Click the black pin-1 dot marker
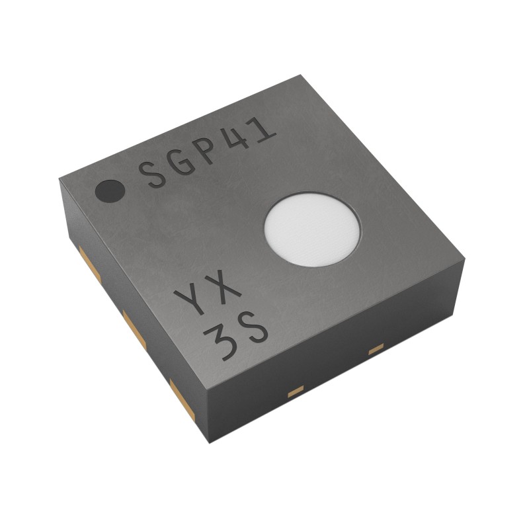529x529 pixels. pos(110,191)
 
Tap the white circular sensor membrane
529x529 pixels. pos(312,229)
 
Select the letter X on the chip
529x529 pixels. pos(224,289)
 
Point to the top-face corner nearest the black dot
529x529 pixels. pos(61,178)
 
